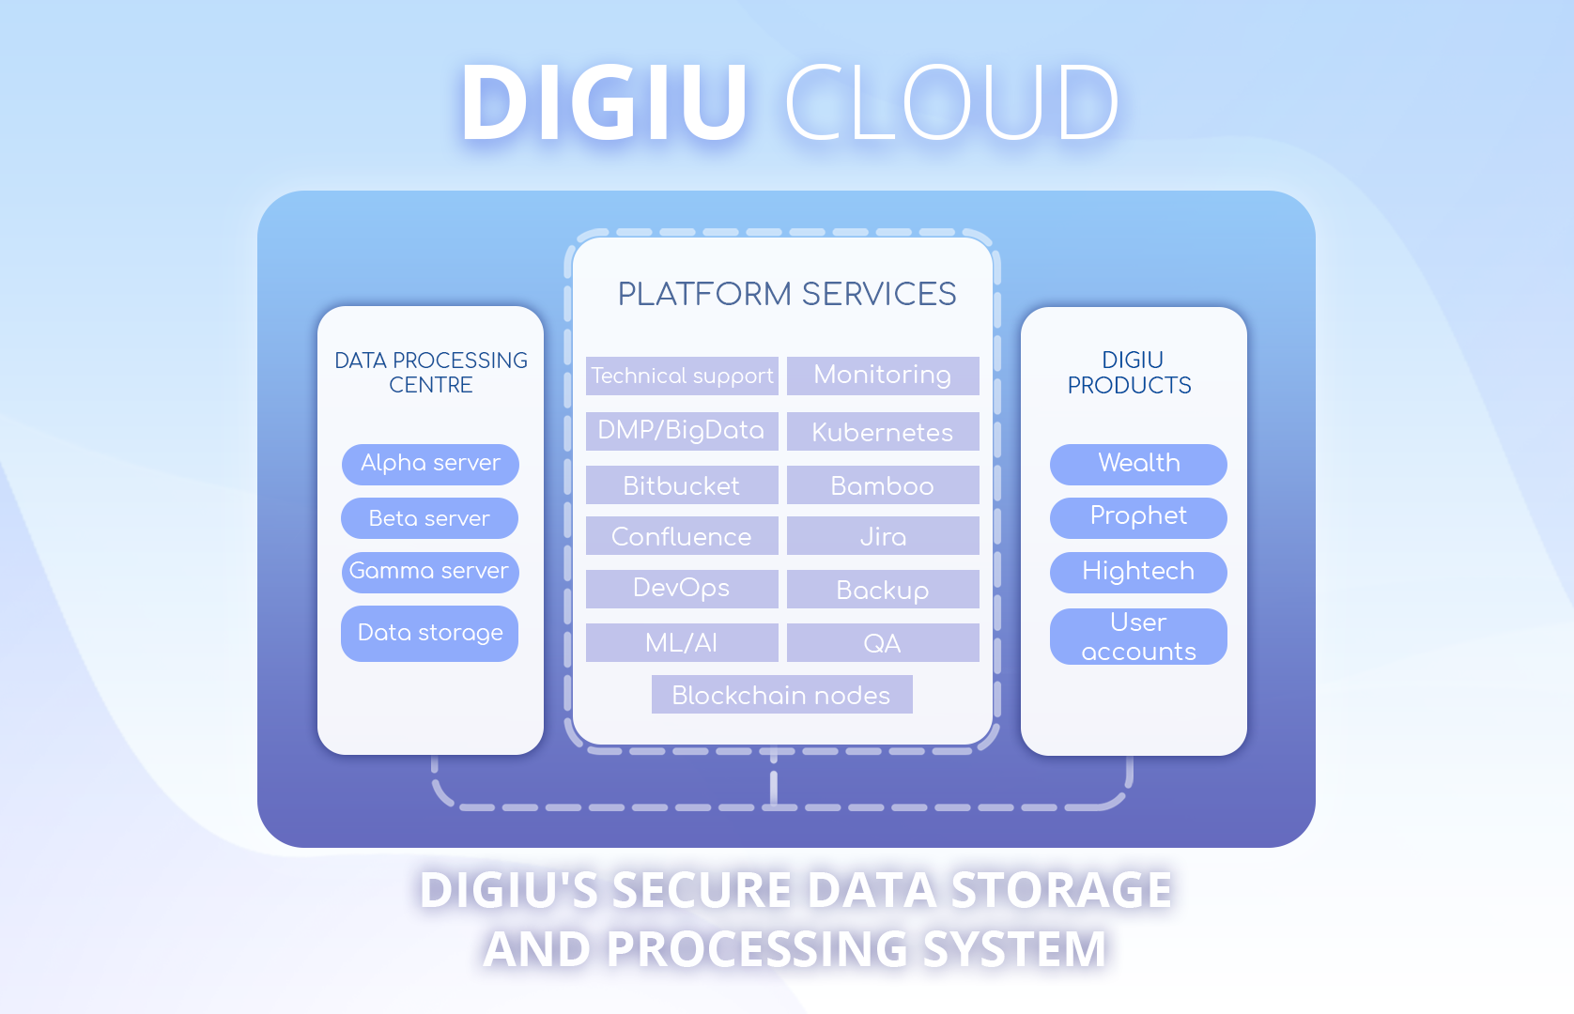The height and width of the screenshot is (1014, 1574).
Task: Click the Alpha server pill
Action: [x=430, y=464]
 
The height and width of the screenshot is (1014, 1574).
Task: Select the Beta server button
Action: [x=430, y=518]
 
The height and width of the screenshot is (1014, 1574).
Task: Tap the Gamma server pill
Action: [x=430, y=572]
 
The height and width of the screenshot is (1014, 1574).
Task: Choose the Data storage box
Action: [x=430, y=634]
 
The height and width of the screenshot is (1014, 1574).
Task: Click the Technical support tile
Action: [x=682, y=376]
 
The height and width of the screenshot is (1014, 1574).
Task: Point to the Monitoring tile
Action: [x=883, y=376]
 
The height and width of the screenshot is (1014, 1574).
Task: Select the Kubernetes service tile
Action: [x=883, y=432]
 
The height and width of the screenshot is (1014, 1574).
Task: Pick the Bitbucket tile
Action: [x=682, y=485]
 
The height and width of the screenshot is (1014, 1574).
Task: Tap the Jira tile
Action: [x=883, y=536]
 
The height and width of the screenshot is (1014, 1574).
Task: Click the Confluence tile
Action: [x=682, y=536]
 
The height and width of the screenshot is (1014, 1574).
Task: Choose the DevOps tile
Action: [x=682, y=589]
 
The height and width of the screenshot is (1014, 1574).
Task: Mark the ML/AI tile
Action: [x=682, y=643]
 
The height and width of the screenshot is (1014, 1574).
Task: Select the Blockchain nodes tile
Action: [x=781, y=695]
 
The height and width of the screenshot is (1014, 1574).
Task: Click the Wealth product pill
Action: [x=1138, y=464]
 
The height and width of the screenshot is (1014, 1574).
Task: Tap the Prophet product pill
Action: [x=1138, y=517]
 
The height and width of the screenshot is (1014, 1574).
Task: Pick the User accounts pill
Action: [x=1138, y=637]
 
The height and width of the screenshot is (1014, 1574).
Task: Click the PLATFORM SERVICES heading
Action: [x=787, y=294]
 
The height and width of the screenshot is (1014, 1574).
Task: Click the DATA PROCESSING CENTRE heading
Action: [x=431, y=373]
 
